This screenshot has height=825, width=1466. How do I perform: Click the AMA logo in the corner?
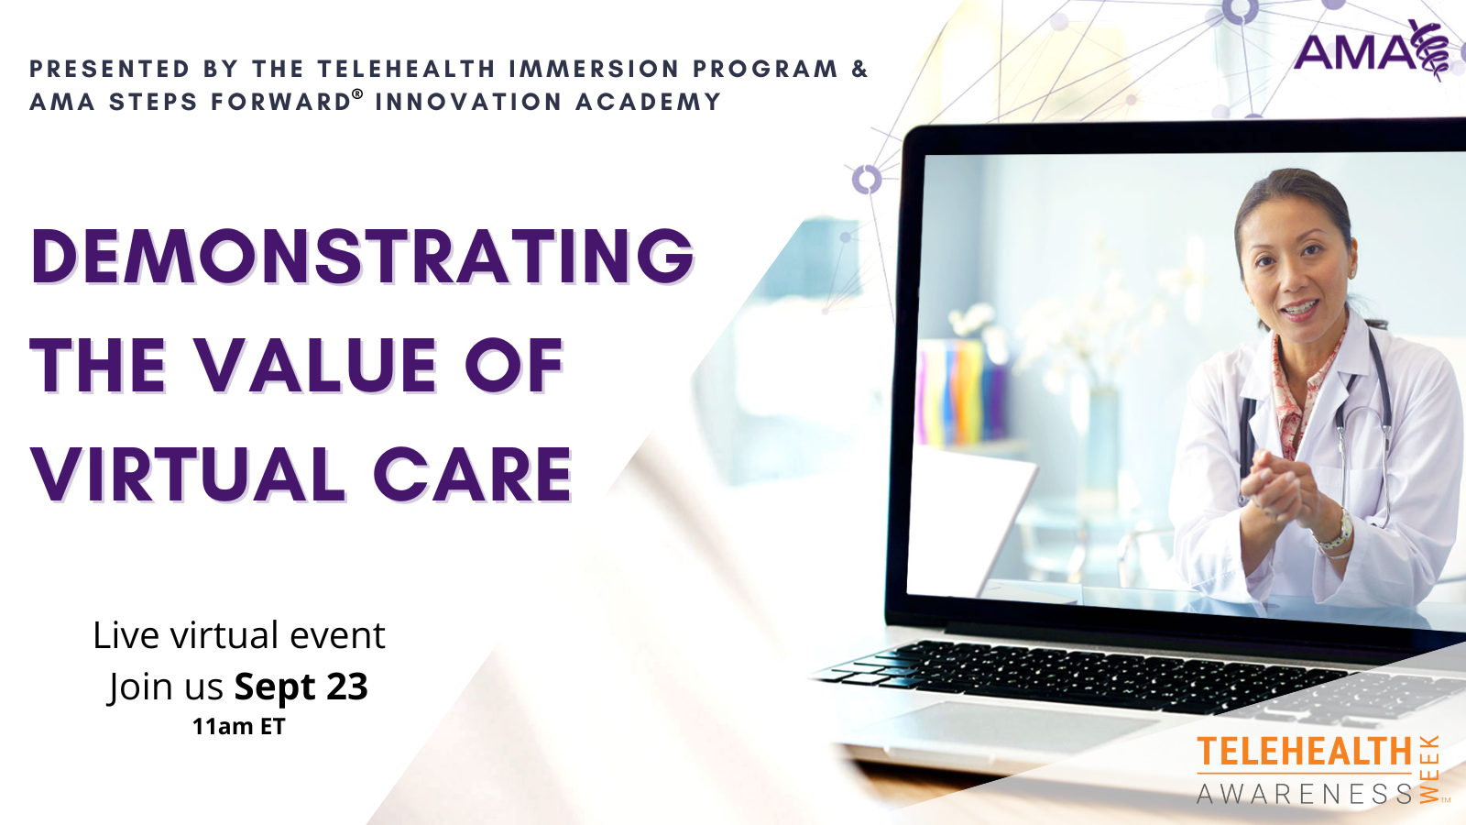coord(1371,50)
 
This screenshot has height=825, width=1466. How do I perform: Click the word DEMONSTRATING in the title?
coord(363,256)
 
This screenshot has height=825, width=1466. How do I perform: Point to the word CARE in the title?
coord(473,476)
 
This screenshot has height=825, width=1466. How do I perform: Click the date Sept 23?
coord(301,687)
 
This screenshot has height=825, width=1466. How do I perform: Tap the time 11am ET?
coord(238,727)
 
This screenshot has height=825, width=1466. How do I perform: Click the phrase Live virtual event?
coord(238,635)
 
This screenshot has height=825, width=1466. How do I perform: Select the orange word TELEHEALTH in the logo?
coord(1304,752)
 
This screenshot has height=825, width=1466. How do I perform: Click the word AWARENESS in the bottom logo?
coord(1304,794)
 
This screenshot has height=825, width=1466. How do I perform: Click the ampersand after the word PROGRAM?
coord(859,69)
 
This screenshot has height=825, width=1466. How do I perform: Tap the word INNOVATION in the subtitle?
coord(467,102)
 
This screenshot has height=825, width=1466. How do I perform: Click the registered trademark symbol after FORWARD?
coord(357,94)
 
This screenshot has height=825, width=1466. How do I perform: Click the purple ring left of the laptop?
coord(866,179)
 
